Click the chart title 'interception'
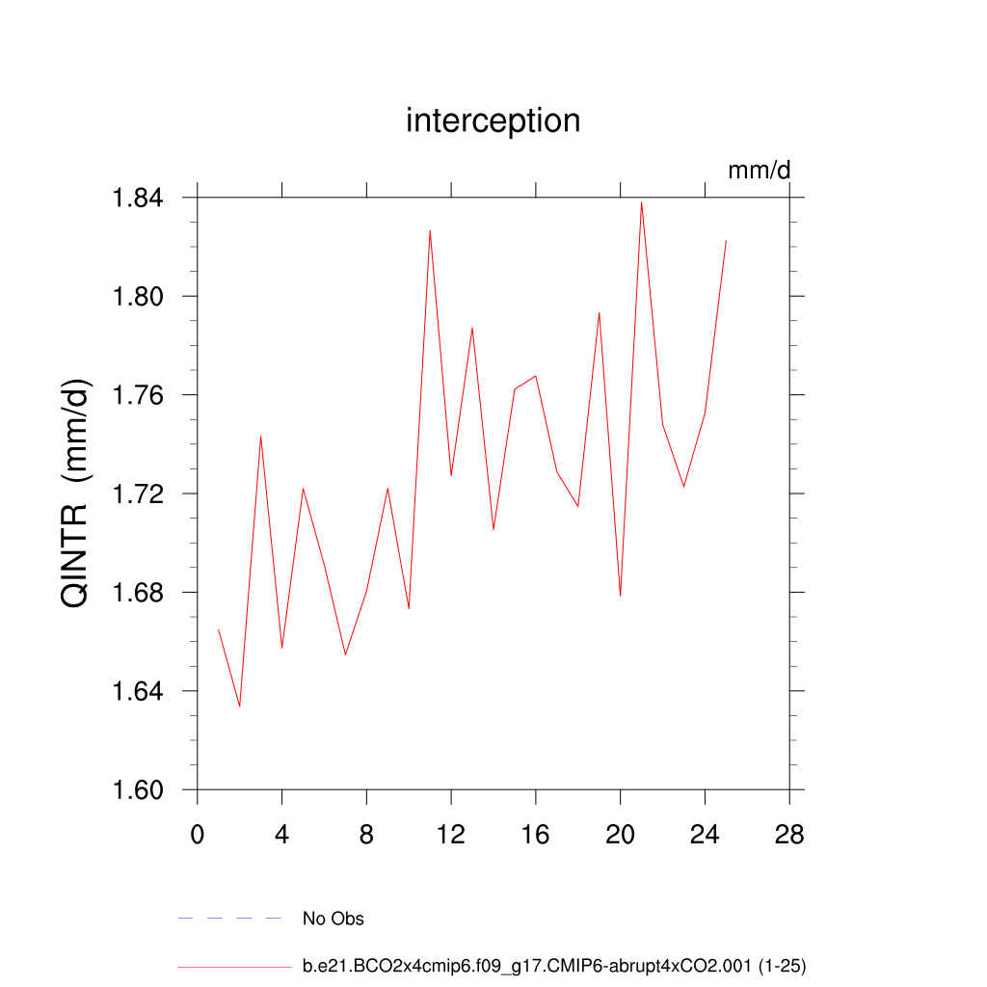[493, 120]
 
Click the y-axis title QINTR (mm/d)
[76, 493]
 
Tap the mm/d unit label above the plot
[759, 171]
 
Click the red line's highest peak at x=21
[641, 202]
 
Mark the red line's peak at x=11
[430, 230]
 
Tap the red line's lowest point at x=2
[240, 707]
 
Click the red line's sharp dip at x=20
[620, 596]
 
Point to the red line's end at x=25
[726, 241]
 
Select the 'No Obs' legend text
[333, 919]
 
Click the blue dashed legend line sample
[229, 919]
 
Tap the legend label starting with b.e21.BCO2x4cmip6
[553, 965]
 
